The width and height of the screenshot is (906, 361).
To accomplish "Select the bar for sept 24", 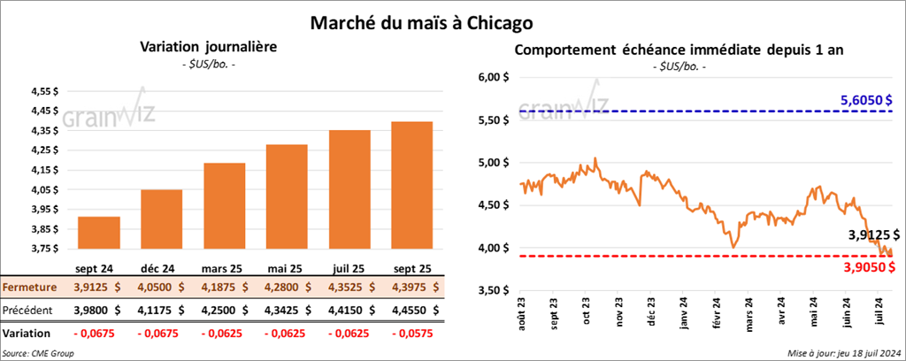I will click(99, 233).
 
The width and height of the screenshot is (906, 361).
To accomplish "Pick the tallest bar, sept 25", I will click(411, 185).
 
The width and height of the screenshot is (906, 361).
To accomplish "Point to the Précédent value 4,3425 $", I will click(293, 310).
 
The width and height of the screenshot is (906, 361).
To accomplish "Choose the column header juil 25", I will click(349, 266).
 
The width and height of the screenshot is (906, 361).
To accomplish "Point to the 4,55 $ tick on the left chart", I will click(42, 92).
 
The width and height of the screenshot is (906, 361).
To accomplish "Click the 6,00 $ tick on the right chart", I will click(494, 77).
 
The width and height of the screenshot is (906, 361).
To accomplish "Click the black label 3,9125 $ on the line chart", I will click(871, 235).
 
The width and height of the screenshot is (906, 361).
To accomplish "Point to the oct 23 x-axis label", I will click(587, 316).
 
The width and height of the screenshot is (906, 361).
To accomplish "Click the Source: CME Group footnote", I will click(39, 353).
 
